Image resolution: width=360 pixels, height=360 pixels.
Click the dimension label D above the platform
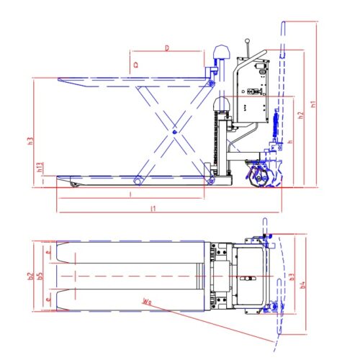tap(167, 48)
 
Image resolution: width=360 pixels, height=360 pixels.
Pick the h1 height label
tap(313, 104)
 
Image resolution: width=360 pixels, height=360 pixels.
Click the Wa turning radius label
tap(148, 302)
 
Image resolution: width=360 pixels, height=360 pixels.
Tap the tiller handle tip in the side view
tap(284, 27)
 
